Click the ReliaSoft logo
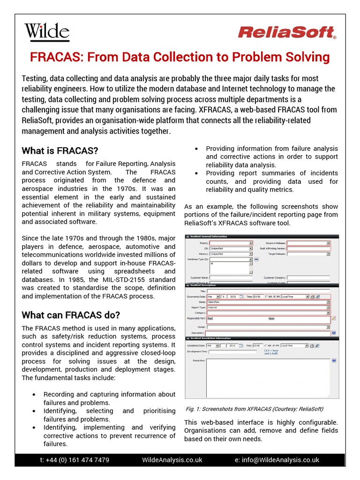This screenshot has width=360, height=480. [286, 32]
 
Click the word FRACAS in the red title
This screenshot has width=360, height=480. [56, 57]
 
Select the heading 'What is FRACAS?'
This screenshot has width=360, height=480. [60, 151]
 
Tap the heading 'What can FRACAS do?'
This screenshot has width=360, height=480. [70, 315]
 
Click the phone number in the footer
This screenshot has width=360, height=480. [75, 460]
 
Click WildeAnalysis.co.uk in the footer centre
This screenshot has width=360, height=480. [172, 460]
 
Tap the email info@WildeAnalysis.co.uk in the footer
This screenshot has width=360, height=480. [277, 460]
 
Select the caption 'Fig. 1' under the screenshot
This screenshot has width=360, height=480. [192, 409]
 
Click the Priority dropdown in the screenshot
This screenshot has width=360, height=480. [231, 243]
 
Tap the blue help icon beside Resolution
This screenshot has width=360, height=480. [334, 360]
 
